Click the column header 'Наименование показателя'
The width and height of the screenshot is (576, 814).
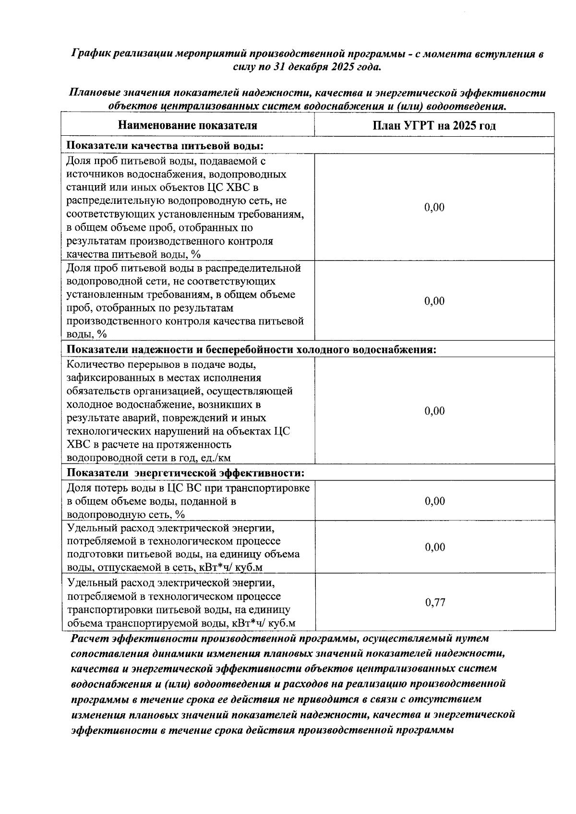point(188,126)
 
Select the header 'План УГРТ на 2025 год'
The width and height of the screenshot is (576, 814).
point(434,126)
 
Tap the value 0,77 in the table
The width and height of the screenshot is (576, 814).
point(435,602)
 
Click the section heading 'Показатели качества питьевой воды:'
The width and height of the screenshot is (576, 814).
point(166,146)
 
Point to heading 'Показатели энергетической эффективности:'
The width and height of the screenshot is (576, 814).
point(185,473)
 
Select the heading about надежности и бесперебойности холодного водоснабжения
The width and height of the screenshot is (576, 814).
point(251,349)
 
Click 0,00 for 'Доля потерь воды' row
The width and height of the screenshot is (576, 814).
point(435,501)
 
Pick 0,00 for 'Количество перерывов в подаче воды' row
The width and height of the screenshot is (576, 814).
point(435,411)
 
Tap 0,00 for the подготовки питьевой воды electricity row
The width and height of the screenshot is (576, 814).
point(435,547)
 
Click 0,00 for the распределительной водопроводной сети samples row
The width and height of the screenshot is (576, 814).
point(435,301)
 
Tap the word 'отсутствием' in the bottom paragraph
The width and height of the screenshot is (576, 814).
point(451,699)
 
